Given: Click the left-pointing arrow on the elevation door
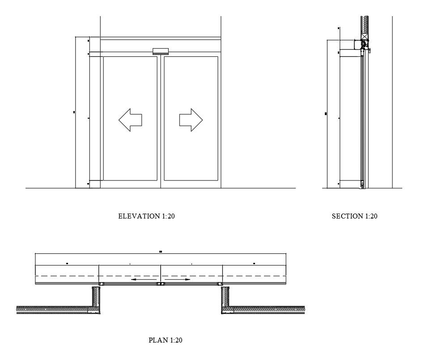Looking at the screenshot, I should (130, 120).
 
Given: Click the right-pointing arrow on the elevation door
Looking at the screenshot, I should (191, 120).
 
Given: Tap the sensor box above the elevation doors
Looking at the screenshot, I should (161, 51).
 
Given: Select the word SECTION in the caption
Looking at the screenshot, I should (347, 216).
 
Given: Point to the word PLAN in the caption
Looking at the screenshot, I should (158, 340).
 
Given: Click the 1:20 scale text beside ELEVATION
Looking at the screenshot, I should (168, 216).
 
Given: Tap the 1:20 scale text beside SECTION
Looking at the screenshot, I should (371, 216).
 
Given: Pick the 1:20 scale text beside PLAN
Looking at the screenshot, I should (176, 340).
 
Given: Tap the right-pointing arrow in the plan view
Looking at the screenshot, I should (179, 280).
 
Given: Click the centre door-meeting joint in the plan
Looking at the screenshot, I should (160, 284).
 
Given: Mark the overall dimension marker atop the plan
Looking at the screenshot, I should (160, 252).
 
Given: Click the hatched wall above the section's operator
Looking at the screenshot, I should (365, 26).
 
